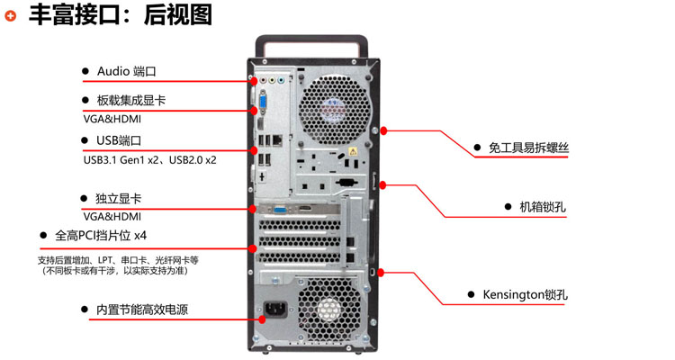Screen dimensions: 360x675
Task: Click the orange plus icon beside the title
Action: pyautogui.click(x=11, y=15)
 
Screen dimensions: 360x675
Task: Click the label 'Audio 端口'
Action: pyautogui.click(x=126, y=70)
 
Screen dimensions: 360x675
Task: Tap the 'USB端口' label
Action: pyautogui.click(x=119, y=140)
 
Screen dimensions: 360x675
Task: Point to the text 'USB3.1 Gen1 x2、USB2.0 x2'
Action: pyautogui.click(x=149, y=159)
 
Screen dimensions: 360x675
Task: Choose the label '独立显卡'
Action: pyautogui.click(x=118, y=198)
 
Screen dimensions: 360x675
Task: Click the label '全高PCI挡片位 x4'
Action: pyautogui.click(x=101, y=236)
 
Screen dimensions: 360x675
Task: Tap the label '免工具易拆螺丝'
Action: pyautogui.click(x=528, y=147)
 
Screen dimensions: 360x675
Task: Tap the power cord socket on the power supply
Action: pyautogui.click(x=274, y=315)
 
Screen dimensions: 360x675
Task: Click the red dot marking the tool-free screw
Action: pyautogui.click(x=384, y=130)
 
